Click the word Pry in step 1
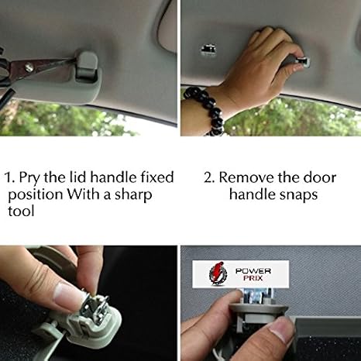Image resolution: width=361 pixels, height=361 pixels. [29, 178]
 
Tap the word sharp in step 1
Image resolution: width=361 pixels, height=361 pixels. [133, 194]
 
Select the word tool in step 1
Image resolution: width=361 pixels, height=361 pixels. [21, 211]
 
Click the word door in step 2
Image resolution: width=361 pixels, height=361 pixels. [319, 177]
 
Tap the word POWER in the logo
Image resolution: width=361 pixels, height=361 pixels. [253, 271]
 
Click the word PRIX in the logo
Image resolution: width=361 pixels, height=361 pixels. [253, 278]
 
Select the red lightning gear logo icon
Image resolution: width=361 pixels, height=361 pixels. [219, 273]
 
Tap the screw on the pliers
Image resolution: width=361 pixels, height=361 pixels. [29, 68]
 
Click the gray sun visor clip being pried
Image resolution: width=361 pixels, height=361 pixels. [86, 65]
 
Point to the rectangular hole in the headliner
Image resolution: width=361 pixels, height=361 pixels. [208, 50]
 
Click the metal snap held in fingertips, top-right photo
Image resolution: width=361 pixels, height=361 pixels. [303, 62]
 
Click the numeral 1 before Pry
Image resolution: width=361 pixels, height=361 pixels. [9, 177]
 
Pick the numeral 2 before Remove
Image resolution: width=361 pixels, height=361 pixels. [208, 177]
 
